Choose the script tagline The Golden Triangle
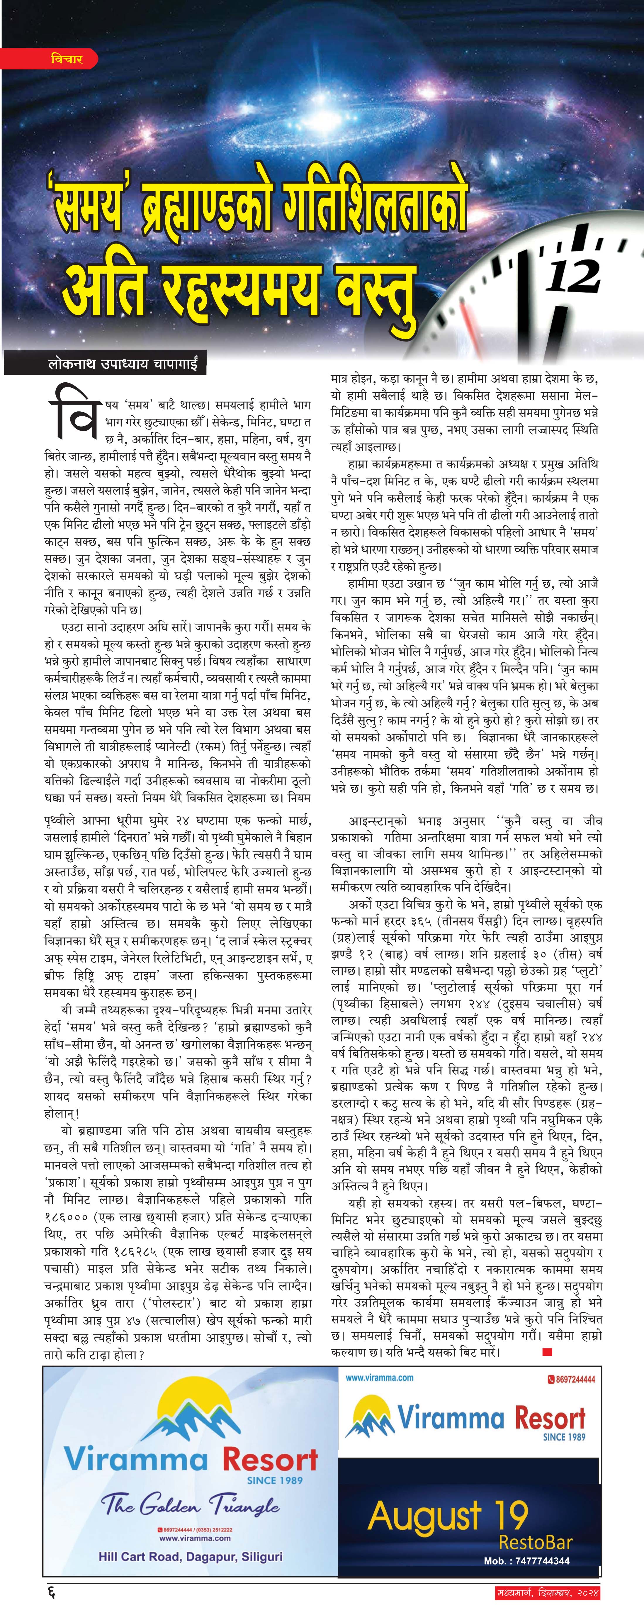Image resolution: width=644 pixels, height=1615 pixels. pyautogui.click(x=191, y=1503)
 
